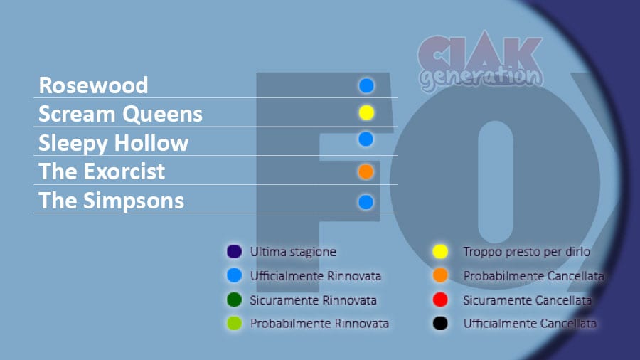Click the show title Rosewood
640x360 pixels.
pyautogui.click(x=93, y=85)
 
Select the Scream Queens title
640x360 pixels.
pyautogui.click(x=120, y=115)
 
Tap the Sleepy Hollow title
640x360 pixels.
pyautogui.click(x=114, y=144)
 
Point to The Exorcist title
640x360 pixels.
pyautogui.click(x=102, y=171)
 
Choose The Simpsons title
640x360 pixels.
pyautogui.click(x=112, y=201)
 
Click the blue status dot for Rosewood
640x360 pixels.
pyautogui.click(x=366, y=85)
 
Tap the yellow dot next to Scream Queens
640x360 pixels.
pyautogui.click(x=366, y=112)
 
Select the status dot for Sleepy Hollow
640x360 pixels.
pyautogui.click(x=366, y=139)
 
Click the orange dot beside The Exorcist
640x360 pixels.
pyautogui.click(x=366, y=172)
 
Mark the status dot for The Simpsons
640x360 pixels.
pyautogui.click(x=366, y=202)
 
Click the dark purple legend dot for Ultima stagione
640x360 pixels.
pyautogui.click(x=234, y=251)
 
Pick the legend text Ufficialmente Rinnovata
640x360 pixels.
pyautogui.click(x=316, y=276)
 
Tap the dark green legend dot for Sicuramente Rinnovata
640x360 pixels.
pyautogui.click(x=234, y=300)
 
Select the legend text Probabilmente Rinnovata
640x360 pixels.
pyautogui.click(x=319, y=323)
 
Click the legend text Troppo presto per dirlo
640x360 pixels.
pyautogui.click(x=526, y=252)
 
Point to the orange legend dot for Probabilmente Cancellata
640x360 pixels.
pyautogui.click(x=440, y=275)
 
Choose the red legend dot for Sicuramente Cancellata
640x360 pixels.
pyautogui.click(x=440, y=300)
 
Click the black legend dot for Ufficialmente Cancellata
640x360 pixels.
pyautogui.click(x=440, y=323)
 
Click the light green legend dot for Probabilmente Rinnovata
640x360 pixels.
pyautogui.click(x=234, y=323)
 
